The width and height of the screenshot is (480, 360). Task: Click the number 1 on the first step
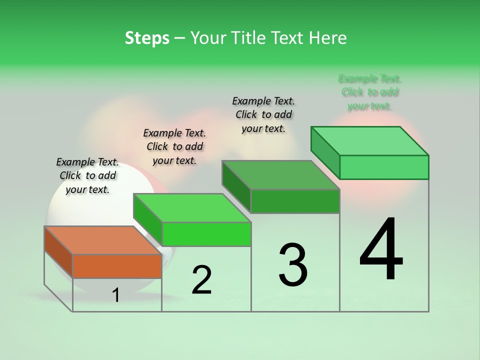[x=116, y=295]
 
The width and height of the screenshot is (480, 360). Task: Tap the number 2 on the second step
[x=201, y=280]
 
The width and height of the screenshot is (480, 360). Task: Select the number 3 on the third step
[x=293, y=264]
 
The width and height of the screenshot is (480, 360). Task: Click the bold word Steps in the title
[x=147, y=38]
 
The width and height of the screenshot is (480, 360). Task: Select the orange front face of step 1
[x=117, y=266]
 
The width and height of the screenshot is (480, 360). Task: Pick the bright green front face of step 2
[x=206, y=234]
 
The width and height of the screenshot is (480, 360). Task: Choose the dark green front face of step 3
[x=295, y=201]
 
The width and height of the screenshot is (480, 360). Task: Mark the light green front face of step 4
[x=384, y=167]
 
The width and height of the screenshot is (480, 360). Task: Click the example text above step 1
[x=87, y=175]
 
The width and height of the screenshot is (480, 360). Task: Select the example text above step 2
[x=174, y=146]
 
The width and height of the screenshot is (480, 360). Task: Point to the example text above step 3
[x=263, y=114]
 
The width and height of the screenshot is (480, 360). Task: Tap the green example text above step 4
[x=370, y=92]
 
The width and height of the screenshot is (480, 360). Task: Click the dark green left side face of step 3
[x=236, y=186]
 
